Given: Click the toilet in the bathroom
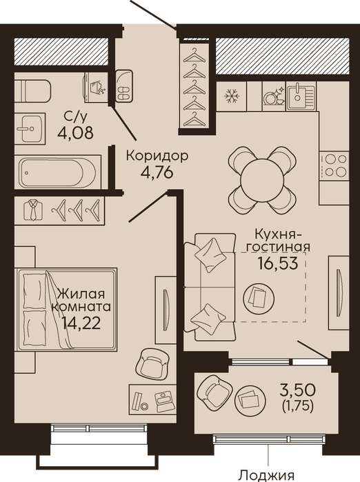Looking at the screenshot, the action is click(x=32, y=91).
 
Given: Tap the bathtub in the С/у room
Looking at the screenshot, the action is click(x=60, y=172).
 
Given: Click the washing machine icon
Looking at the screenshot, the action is click(x=97, y=88).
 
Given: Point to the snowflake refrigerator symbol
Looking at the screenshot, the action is click(x=232, y=96).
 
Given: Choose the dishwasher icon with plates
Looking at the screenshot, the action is click(x=274, y=97).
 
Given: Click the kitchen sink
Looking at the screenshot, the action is click(x=301, y=97).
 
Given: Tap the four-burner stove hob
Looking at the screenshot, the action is click(x=334, y=165).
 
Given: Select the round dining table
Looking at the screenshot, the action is click(x=262, y=180).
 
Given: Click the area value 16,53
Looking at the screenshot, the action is click(x=278, y=263).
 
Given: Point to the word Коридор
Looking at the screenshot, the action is click(x=157, y=157).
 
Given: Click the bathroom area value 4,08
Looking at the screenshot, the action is click(x=75, y=133).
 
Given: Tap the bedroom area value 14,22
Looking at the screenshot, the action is click(x=81, y=323).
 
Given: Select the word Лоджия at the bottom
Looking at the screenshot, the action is click(x=267, y=476).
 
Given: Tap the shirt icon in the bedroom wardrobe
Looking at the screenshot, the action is click(x=33, y=210).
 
